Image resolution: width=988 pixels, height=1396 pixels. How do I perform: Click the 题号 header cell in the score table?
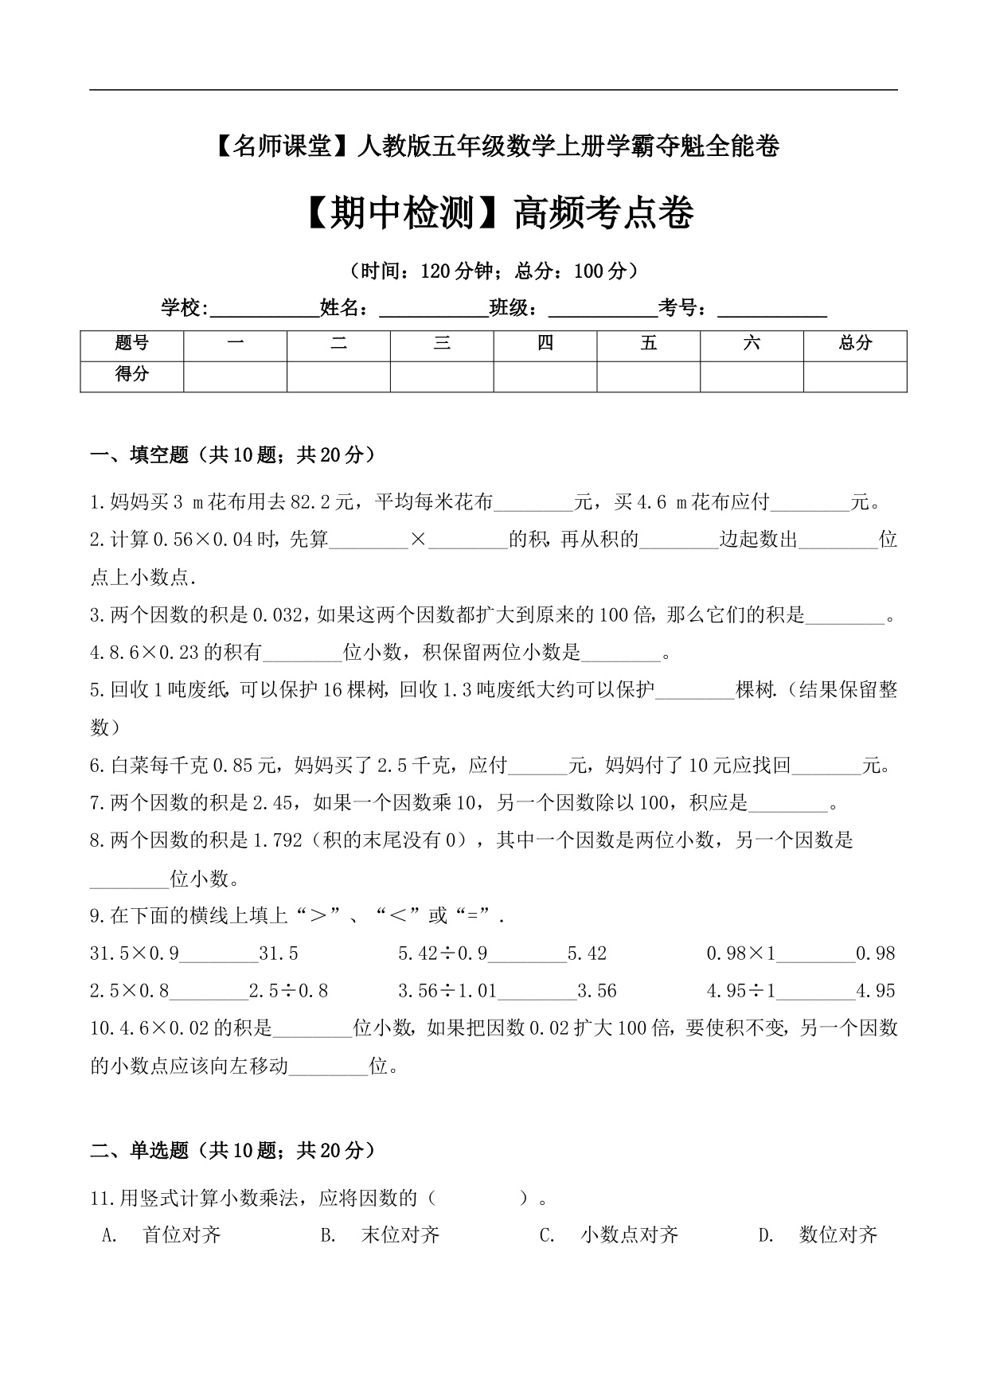pyautogui.click(x=131, y=344)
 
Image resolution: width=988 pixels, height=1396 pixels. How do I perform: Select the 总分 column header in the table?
pyautogui.click(x=855, y=344)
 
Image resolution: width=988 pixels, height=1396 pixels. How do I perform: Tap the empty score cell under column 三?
pyautogui.click(x=442, y=376)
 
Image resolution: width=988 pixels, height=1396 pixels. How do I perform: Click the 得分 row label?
pyautogui.click(x=131, y=374)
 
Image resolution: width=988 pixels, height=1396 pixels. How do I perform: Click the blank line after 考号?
pyautogui.click(x=772, y=310)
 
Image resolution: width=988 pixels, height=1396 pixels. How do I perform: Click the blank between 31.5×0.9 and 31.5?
pyautogui.click(x=219, y=954)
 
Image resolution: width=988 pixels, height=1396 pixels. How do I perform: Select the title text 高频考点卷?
pyautogui.click(x=604, y=213)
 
